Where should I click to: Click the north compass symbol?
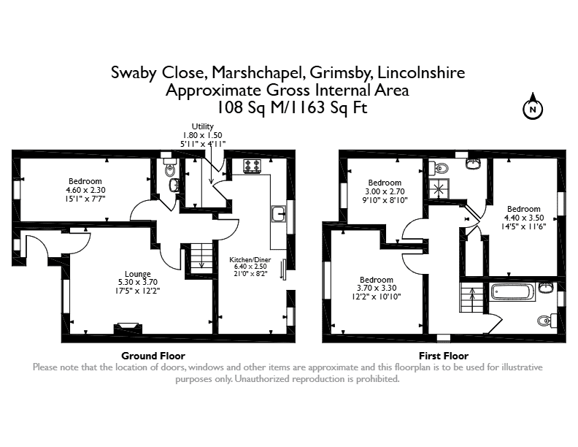point(533,107)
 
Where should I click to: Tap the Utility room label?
point(202,126)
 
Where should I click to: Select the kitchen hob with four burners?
point(253,166)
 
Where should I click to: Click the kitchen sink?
point(279,214)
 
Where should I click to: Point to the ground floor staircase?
point(201,258)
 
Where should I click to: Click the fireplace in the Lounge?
point(128,328)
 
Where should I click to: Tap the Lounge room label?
point(137,274)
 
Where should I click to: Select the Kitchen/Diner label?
point(250,259)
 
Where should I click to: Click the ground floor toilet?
point(169,168)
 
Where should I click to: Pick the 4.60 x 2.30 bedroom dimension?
point(85,191)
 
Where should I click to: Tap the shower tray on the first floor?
point(439,189)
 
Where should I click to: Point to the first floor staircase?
point(471,297)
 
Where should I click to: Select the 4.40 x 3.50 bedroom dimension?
point(524,218)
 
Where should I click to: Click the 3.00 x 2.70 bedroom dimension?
point(385,192)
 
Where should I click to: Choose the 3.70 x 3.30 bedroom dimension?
point(377,289)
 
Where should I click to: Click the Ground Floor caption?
point(153,356)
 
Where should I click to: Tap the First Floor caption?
point(444,356)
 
